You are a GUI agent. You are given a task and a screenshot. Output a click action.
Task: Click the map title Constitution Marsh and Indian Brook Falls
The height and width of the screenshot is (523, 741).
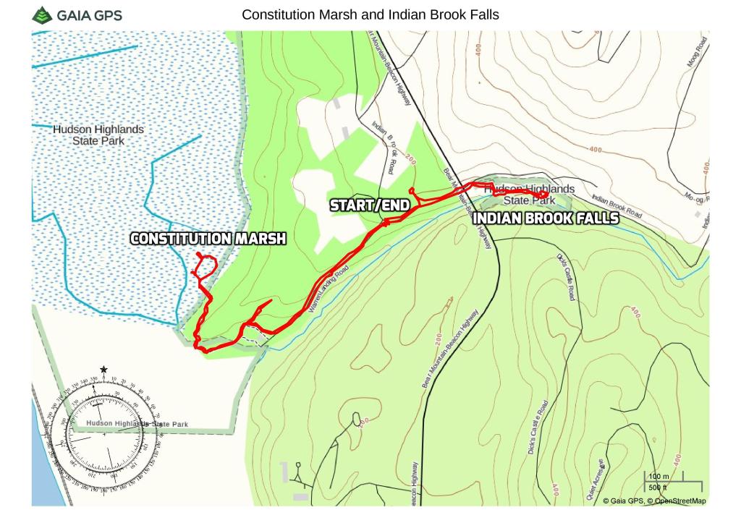point(370,14)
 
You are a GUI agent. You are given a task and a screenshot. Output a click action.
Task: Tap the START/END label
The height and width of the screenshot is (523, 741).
point(370,205)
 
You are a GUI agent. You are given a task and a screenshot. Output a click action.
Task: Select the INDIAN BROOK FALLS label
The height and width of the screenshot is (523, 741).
point(546,218)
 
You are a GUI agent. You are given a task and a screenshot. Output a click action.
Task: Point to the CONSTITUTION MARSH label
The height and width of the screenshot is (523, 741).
point(208,239)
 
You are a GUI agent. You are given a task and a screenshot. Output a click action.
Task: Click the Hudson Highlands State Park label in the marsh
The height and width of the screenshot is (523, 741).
point(98,135)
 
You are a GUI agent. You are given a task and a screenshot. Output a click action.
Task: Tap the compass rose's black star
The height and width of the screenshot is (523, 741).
point(104,370)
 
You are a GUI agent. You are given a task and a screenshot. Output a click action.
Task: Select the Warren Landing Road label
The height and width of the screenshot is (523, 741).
point(328,288)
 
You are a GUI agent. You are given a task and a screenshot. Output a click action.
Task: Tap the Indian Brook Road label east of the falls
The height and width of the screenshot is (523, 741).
point(617,205)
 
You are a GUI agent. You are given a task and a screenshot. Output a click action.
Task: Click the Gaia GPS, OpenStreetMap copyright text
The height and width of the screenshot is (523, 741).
point(654,500)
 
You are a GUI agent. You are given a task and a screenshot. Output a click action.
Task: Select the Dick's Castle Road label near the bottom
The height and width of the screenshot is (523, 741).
point(537,427)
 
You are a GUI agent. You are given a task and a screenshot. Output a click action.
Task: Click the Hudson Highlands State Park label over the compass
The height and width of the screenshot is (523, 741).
point(137,424)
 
